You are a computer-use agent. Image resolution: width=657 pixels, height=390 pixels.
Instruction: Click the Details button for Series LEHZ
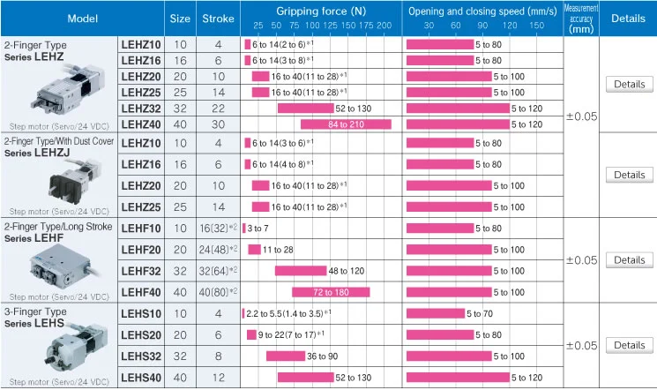[629, 85]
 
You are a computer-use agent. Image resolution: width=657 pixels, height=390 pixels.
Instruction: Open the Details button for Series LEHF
[629, 260]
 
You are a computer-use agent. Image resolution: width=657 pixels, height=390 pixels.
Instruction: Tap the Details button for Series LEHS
[629, 345]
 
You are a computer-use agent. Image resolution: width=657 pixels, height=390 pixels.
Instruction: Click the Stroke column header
[219, 18]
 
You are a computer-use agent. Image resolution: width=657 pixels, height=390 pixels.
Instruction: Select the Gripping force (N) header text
[321, 11]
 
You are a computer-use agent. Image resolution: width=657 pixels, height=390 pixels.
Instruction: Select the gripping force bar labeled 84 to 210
[346, 124]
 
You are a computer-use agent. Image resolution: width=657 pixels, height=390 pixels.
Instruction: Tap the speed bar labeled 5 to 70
[435, 313]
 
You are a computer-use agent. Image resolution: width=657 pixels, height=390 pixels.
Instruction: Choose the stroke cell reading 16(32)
[219, 228]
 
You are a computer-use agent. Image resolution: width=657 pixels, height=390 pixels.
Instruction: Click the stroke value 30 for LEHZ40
[219, 124]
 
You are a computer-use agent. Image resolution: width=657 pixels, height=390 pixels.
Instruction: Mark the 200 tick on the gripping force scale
[384, 26]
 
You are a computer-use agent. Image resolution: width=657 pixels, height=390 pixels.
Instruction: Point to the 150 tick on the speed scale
[537, 26]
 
